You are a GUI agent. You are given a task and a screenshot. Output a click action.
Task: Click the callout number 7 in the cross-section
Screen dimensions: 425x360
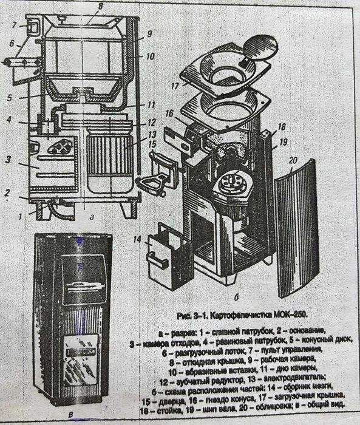pos(13,25)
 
